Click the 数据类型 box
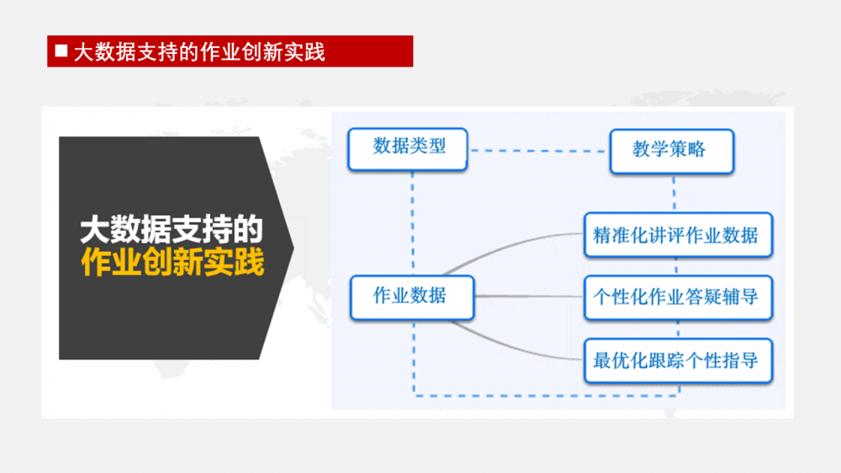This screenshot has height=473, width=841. tap(409, 149)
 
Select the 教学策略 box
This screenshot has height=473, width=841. tap(671, 151)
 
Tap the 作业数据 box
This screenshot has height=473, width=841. tap(411, 296)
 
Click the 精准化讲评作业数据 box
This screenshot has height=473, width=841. tap(677, 235)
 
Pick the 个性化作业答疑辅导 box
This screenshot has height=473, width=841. tap(677, 297)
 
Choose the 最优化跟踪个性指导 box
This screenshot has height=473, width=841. tap(677, 361)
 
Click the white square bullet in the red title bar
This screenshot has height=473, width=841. tap(61, 51)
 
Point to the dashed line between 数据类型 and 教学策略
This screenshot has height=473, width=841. tap(538, 151)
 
